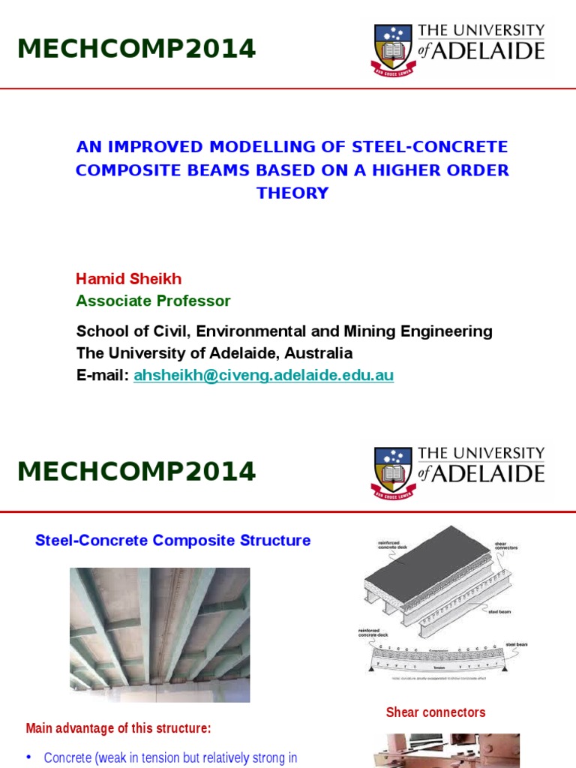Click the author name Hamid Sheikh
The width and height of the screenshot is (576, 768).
[128, 279]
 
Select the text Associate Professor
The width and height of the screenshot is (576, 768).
[153, 301]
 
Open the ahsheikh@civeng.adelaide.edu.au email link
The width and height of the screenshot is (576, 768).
[263, 375]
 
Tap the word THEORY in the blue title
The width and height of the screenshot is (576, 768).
[292, 193]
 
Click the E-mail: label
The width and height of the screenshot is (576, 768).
[103, 375]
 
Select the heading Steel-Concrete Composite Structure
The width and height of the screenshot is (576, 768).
[172, 540]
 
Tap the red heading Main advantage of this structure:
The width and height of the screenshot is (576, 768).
[118, 727]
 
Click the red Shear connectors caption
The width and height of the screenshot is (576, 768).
[436, 712]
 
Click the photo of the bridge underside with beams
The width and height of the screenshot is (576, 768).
[160, 634]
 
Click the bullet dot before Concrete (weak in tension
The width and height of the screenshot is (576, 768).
[28, 757]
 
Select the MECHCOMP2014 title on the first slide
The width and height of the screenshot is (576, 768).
[136, 49]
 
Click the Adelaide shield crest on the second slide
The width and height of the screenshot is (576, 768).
[393, 472]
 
